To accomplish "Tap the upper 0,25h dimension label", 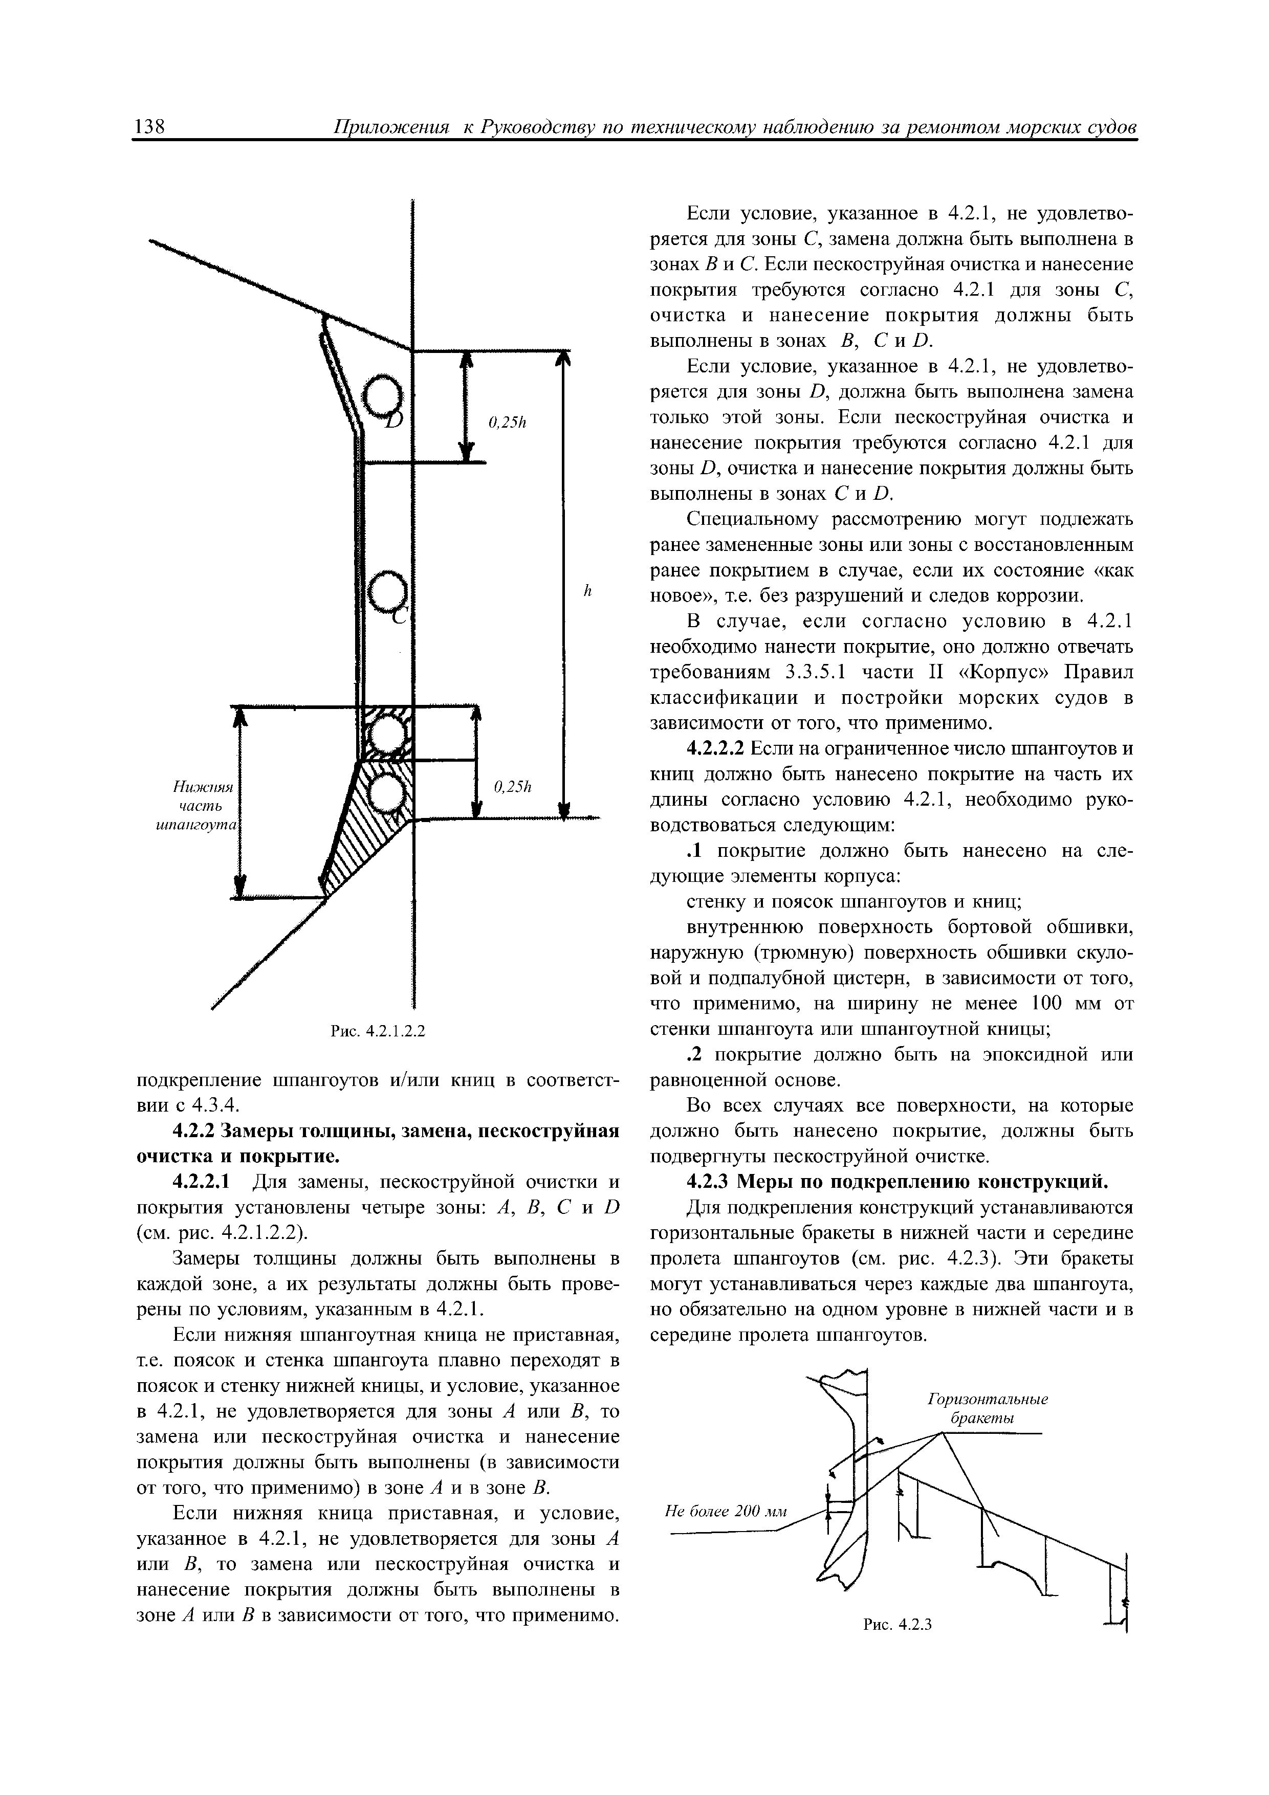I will click(508, 423).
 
